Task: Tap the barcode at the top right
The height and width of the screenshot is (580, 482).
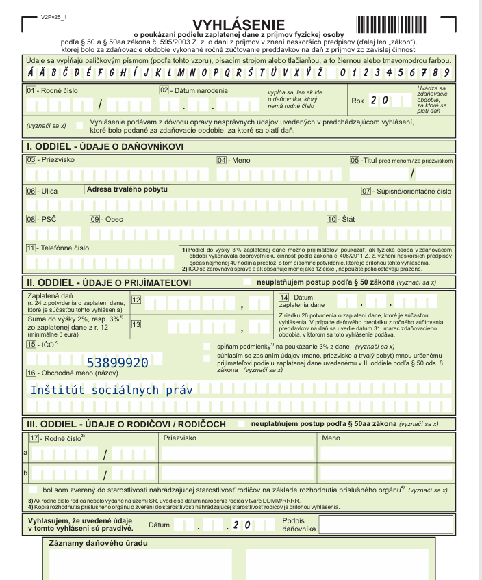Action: tap(395, 23)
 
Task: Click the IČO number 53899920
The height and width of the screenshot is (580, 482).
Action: tap(117, 362)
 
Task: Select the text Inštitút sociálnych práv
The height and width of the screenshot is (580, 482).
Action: tap(111, 390)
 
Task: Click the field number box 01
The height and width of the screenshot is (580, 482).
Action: tap(30, 91)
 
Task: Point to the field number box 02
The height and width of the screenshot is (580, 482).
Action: tap(164, 90)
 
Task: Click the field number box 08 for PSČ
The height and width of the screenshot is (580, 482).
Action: tap(31, 219)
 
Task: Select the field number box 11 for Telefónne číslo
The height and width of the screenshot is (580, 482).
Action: tap(31, 248)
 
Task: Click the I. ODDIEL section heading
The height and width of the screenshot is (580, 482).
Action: tap(105, 146)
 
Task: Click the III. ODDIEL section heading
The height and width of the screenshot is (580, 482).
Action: tap(125, 424)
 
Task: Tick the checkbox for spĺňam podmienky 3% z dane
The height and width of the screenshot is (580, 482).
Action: tap(207, 347)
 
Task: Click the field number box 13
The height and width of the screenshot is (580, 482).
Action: tap(136, 324)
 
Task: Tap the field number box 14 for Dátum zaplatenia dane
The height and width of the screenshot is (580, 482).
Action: tap(283, 297)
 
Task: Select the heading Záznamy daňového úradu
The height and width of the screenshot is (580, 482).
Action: tap(99, 544)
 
